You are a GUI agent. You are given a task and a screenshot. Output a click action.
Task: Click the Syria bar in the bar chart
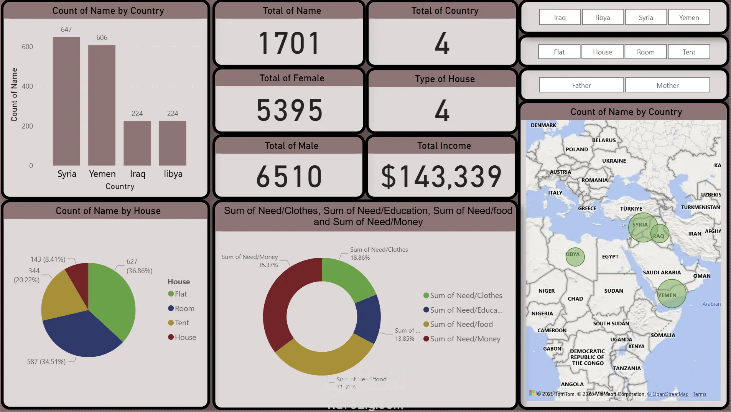tap(66, 101)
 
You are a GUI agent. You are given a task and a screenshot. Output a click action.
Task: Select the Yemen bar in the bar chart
tap(102, 105)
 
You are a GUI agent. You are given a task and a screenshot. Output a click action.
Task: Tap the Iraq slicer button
tap(560, 17)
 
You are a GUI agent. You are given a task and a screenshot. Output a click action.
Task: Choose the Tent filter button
tap(688, 52)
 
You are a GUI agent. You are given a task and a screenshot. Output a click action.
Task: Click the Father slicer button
tap(581, 85)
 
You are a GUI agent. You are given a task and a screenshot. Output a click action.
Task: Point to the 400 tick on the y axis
tap(27, 86)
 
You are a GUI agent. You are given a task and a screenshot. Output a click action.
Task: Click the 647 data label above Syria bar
tap(66, 30)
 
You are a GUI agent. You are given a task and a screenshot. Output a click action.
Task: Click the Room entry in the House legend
tap(184, 308)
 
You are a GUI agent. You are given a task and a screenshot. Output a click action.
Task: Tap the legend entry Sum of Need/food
tap(461, 325)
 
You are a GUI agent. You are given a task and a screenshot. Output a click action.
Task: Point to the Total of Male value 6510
tap(289, 176)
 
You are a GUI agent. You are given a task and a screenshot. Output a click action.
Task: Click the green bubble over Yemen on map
tap(672, 293)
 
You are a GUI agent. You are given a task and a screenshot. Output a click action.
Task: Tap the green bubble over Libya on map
tap(575, 257)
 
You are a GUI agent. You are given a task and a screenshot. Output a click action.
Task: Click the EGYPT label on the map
tap(610, 257)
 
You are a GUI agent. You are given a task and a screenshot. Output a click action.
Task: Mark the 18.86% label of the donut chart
tap(360, 258)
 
